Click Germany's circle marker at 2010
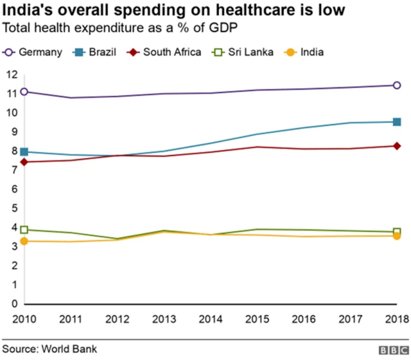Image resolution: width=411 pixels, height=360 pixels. (x=24, y=92)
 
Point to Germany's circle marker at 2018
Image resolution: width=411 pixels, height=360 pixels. (x=397, y=85)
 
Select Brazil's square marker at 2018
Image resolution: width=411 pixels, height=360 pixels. (x=397, y=122)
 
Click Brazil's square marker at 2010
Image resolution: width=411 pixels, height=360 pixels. (x=24, y=152)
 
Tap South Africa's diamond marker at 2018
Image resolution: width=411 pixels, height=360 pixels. (x=397, y=146)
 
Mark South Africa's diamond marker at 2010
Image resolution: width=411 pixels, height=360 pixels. (x=24, y=162)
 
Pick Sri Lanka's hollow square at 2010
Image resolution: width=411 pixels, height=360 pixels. (x=24, y=230)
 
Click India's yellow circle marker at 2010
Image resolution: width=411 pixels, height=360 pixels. (x=24, y=241)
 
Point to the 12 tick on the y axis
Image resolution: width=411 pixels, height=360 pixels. (x=12, y=75)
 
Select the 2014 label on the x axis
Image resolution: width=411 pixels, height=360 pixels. (x=211, y=318)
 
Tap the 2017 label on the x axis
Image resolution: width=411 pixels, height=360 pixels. (x=351, y=318)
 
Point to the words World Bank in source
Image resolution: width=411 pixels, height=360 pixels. (x=69, y=349)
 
